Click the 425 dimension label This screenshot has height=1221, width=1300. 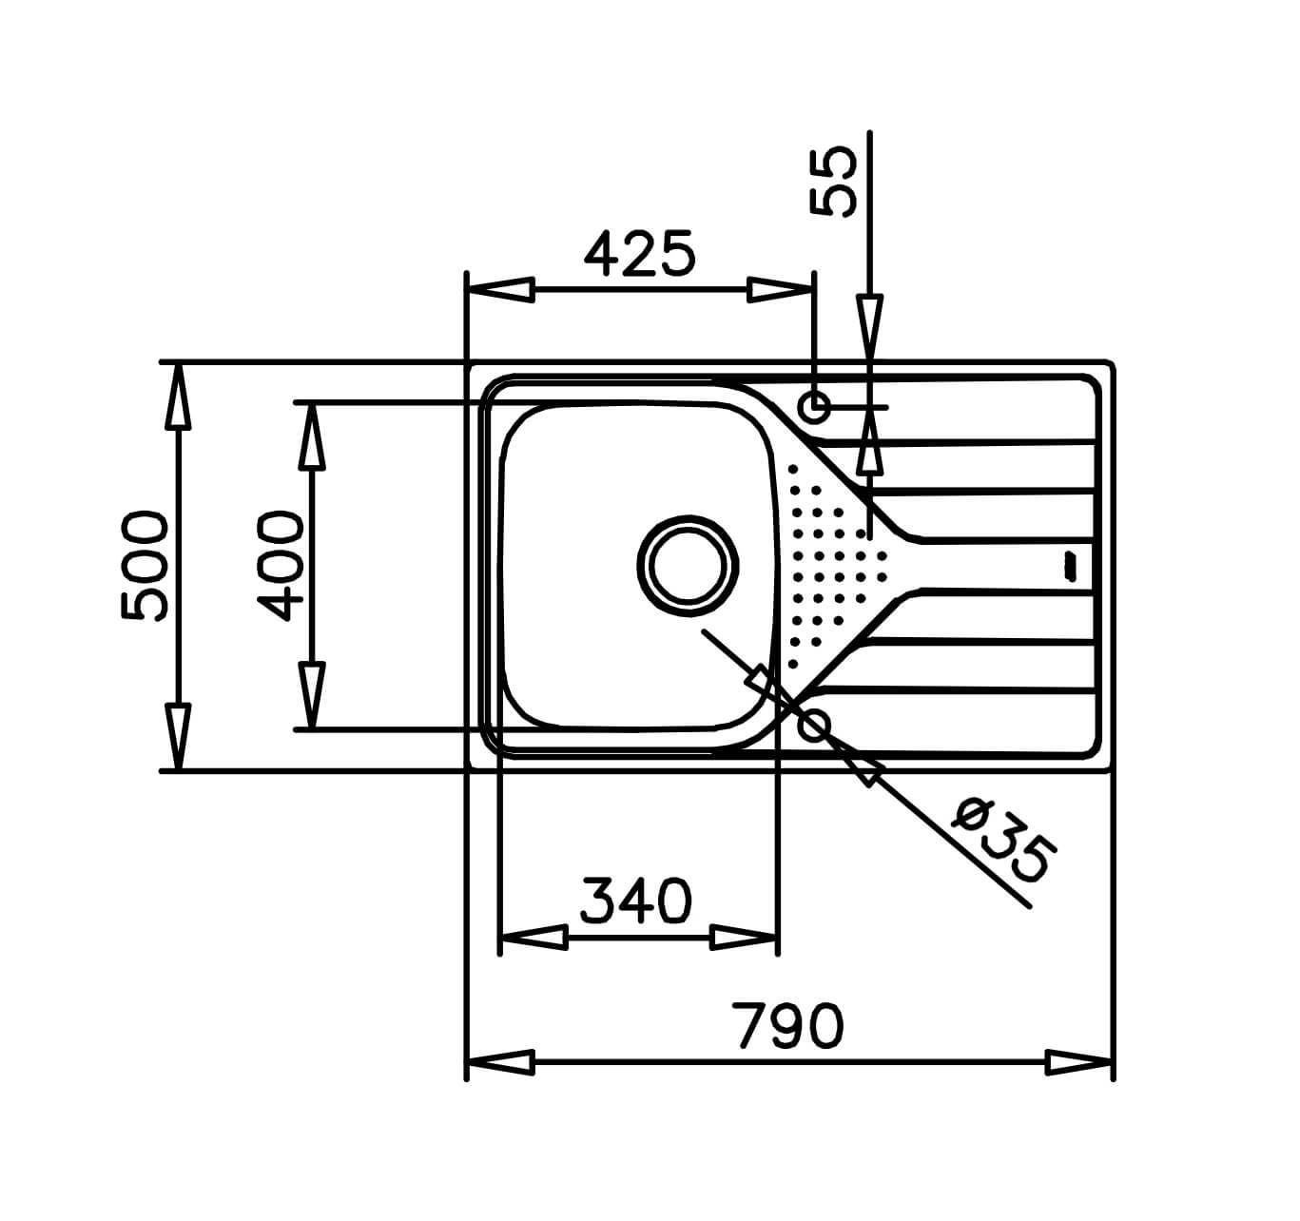pyautogui.click(x=639, y=255)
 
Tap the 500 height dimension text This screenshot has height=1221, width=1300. pyautogui.click(x=145, y=565)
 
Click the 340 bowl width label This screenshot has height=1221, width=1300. pyautogui.click(x=636, y=901)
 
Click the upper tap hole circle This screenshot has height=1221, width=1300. pyautogui.click(x=815, y=407)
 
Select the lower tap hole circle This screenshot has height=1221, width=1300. pyautogui.click(x=815, y=727)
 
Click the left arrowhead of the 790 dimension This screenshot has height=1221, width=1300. pyautogui.click(x=500, y=1062)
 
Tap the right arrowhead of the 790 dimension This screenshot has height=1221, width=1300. pyautogui.click(x=1078, y=1062)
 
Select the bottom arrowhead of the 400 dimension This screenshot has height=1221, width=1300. pyautogui.click(x=311, y=695)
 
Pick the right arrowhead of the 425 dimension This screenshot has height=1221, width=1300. pyautogui.click(x=781, y=290)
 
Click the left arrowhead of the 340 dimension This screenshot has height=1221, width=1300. pyautogui.click(x=533, y=939)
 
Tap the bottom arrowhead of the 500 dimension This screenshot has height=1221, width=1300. pyautogui.click(x=177, y=736)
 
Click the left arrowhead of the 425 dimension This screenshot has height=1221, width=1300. pyautogui.click(x=500, y=290)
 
